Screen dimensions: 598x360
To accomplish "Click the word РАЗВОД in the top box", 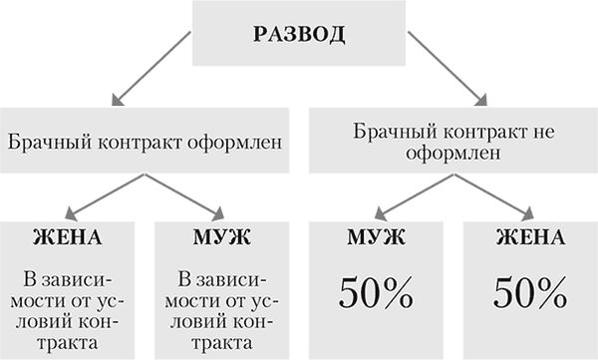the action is (x=299, y=35).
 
